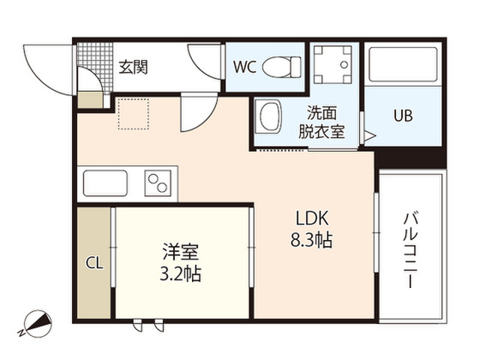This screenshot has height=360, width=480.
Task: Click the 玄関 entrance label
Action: (x=133, y=67)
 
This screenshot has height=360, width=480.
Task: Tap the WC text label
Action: (x=244, y=67)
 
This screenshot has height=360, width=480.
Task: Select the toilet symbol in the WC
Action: (x=282, y=67)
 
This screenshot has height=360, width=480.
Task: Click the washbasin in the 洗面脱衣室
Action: (x=268, y=116)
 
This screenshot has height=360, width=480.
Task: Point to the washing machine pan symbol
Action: (x=333, y=64)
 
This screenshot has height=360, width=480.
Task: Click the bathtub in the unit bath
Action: (x=403, y=64)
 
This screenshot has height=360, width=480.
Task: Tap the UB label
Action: (x=403, y=115)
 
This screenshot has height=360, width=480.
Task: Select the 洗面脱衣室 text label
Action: (x=322, y=122)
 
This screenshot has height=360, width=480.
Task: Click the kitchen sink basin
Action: (x=105, y=183)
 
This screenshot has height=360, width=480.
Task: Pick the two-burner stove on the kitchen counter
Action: (x=157, y=183)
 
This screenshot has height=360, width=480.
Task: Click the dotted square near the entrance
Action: (x=133, y=114)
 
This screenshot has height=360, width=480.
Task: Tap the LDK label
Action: (x=312, y=218)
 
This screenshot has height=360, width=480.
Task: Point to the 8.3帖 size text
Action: (x=311, y=240)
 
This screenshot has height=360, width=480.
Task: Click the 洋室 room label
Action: (x=181, y=252)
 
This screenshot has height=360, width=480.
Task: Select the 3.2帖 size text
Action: (x=181, y=274)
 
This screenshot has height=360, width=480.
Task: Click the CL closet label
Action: (x=94, y=263)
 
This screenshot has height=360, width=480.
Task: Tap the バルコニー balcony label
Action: (x=410, y=250)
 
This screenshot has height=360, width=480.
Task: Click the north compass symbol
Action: (x=36, y=324)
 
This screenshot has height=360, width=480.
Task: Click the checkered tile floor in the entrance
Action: (x=95, y=67)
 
